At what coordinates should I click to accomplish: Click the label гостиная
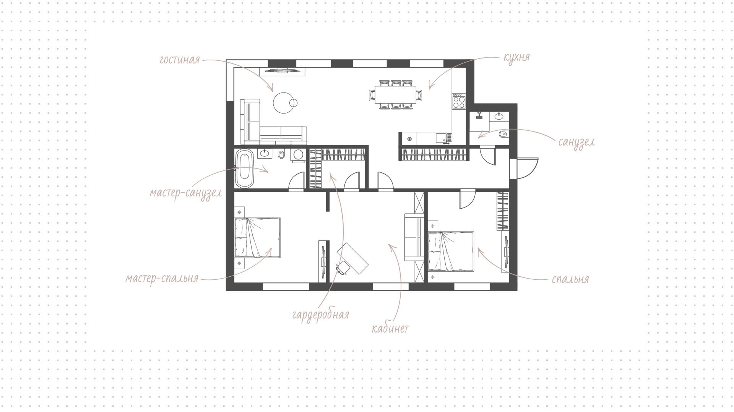pyautogui.click(x=180, y=60)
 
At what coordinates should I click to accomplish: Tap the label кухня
pyautogui.click(x=516, y=57)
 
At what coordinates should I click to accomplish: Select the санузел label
pyautogui.click(x=576, y=143)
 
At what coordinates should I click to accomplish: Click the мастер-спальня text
pyautogui.click(x=162, y=278)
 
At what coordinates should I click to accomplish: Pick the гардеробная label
pyautogui.click(x=320, y=315)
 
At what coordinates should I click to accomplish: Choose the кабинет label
pyautogui.click(x=390, y=329)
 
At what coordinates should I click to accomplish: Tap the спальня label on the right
pyautogui.click(x=570, y=279)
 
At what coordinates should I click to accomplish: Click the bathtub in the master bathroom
pyautogui.click(x=244, y=169)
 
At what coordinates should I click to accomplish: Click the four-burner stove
pyautogui.click(x=459, y=101)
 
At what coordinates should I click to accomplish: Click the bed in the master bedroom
pyautogui.click(x=257, y=238)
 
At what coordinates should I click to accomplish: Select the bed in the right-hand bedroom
pyautogui.click(x=451, y=251)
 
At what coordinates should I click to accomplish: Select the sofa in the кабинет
pyautogui.click(x=414, y=238)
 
